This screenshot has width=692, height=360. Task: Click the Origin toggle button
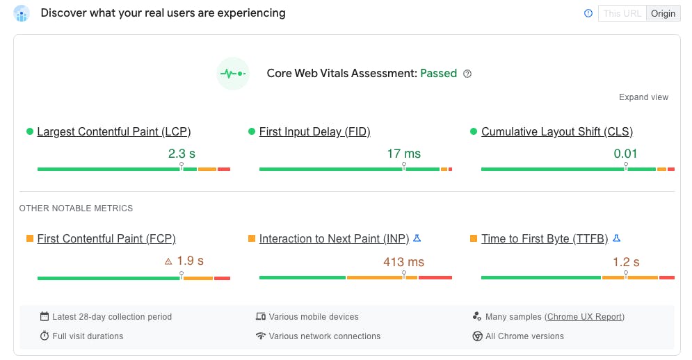coord(663,13)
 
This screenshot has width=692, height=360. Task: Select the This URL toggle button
coord(622,13)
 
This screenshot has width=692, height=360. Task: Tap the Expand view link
coord(643,97)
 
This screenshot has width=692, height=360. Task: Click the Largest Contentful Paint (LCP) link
coord(114,131)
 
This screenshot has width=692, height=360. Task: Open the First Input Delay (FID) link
coord(314,131)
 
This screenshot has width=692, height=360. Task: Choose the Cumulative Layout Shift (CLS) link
coord(557,131)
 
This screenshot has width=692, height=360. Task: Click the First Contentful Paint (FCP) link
coord(106,238)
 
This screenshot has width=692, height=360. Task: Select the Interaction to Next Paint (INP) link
coord(334,238)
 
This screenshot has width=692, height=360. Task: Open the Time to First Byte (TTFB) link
coord(545,238)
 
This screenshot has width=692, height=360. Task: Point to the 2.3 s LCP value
coord(182,154)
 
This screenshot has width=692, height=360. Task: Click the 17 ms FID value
coord(403,154)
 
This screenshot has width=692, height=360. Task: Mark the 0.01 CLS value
coord(625,154)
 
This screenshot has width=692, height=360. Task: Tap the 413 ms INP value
coord(403,262)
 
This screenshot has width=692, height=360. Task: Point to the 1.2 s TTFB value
coord(626,262)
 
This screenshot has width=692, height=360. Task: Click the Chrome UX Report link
coord(584,317)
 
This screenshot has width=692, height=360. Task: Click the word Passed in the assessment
coord(438,73)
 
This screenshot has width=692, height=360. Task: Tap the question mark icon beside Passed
coord(467,74)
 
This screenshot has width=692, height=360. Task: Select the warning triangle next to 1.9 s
coord(168,262)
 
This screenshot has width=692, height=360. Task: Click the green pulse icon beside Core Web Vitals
coord(233,73)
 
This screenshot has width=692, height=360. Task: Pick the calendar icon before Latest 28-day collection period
coord(45,317)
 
